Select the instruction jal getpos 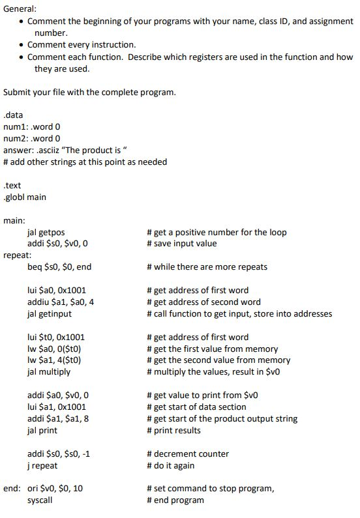point(46,232)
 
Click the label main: point(15,220)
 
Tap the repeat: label point(18,255)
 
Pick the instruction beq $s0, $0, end point(59,266)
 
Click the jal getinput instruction point(50,313)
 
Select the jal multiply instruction point(49,372)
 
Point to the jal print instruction point(42,430)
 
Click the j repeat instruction point(42,465)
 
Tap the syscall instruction point(40,500)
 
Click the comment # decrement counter point(188,453)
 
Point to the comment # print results point(173,430)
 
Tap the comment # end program point(175,500)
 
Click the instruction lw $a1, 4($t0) point(53,360)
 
